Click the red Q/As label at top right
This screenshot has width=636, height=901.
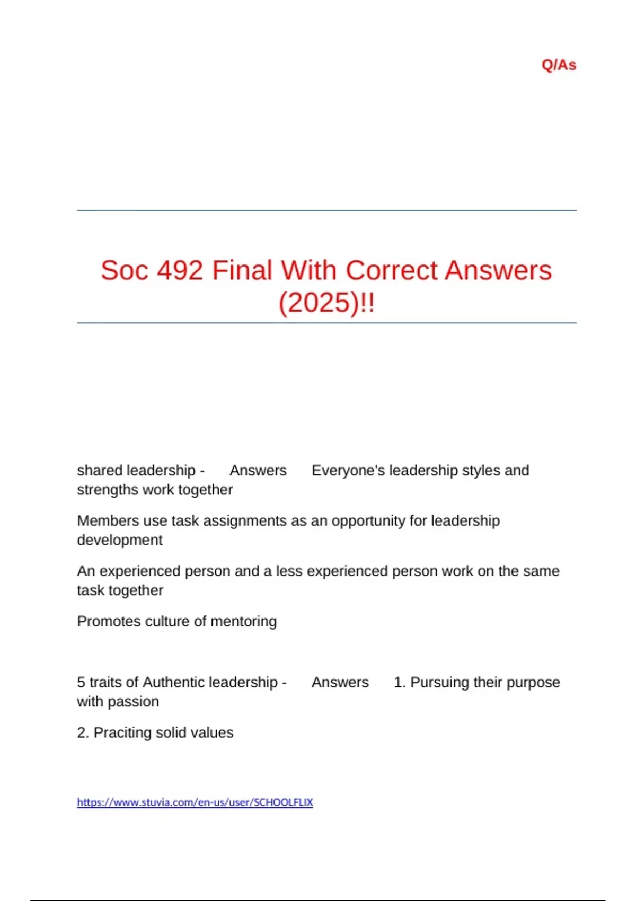point(559,65)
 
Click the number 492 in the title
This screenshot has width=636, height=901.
point(180,270)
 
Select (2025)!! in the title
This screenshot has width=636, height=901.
point(326,303)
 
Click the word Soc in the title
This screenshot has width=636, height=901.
point(125,270)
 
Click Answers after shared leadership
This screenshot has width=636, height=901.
point(258,471)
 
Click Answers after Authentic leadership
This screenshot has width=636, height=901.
point(340,683)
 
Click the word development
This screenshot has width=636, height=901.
point(120,540)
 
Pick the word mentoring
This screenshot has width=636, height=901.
point(243,621)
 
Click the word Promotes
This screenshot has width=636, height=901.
point(107,621)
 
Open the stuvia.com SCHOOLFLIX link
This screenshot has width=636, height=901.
point(195,802)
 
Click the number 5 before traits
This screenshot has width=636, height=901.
point(81,683)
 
